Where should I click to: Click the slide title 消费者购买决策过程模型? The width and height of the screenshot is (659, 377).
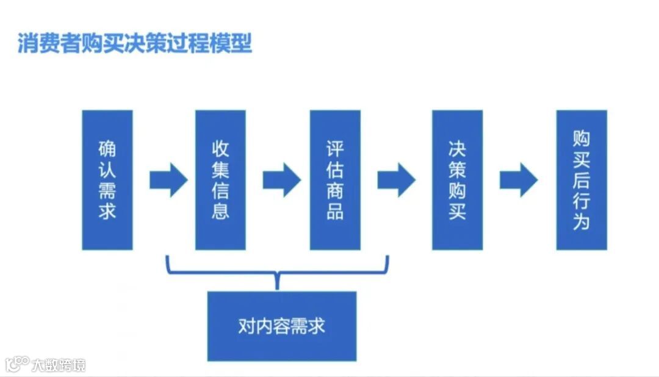(134, 43)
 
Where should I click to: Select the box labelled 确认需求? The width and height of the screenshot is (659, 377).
(107, 180)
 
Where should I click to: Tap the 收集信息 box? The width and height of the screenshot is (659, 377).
(220, 180)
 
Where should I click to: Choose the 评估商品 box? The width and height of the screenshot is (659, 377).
(335, 180)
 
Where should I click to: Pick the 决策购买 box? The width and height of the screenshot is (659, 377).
(457, 180)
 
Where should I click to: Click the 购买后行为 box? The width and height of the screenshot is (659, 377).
(582, 180)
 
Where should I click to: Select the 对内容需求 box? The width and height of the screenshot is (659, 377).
(281, 326)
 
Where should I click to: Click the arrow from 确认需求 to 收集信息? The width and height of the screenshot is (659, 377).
(168, 180)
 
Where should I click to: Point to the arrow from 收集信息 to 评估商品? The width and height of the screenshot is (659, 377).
(281, 180)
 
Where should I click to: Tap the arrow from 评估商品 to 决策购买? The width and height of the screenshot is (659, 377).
(396, 180)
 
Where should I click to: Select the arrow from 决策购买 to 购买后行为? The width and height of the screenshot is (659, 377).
(518, 180)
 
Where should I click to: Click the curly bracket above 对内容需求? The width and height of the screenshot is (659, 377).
(278, 271)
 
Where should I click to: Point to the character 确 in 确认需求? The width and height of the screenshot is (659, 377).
(107, 149)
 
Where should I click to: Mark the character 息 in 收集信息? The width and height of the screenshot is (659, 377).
(220, 211)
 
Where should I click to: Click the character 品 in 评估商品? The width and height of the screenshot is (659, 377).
(335, 211)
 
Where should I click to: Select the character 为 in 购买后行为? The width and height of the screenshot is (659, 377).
(582, 221)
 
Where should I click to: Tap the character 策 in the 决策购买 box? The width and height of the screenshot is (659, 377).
(457, 170)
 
